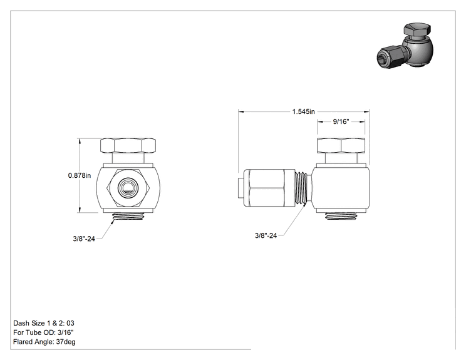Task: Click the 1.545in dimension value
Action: point(303,111)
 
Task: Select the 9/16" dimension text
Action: point(341,121)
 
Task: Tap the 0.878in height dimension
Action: point(80,175)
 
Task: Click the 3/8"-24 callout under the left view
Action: point(84,239)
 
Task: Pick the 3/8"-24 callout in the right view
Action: point(266,235)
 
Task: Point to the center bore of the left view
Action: point(128,187)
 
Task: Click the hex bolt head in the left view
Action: point(128,145)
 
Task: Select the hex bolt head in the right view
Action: point(341,145)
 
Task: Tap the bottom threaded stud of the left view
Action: point(128,216)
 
